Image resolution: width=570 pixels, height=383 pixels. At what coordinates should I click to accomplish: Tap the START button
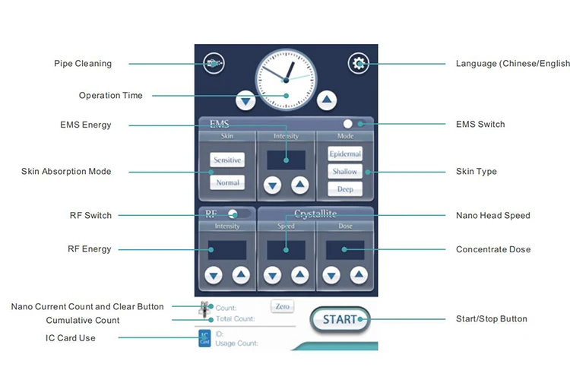(x=340, y=319)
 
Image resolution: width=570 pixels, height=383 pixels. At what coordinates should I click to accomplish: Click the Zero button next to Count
(x=282, y=306)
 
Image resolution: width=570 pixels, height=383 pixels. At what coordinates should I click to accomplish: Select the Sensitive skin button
(x=226, y=160)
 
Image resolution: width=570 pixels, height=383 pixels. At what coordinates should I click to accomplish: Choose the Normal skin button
(x=226, y=182)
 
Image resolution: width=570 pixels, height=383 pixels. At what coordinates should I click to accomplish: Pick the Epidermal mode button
(x=345, y=154)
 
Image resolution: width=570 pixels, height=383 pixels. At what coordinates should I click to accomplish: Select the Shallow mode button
(x=345, y=172)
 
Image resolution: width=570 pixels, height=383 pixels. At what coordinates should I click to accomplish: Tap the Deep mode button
(x=345, y=189)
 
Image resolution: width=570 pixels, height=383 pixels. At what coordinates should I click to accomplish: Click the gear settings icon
(x=358, y=64)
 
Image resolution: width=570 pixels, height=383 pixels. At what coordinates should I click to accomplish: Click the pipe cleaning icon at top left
(x=214, y=64)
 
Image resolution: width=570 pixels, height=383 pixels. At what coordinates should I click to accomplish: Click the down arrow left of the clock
(x=245, y=99)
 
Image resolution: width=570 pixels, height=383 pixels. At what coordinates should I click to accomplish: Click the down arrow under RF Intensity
(x=214, y=275)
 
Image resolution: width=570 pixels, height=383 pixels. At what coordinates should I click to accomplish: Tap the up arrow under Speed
(x=299, y=275)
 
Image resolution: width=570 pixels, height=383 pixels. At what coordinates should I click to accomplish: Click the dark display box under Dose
(x=345, y=250)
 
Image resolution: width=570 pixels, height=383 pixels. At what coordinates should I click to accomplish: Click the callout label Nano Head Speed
(x=492, y=216)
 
